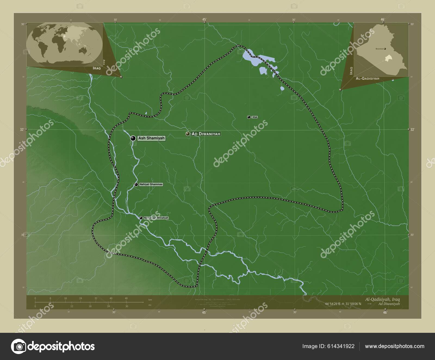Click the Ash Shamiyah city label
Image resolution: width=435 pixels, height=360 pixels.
coord(151,138)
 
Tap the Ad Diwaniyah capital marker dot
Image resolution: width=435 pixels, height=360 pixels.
coord(188,134)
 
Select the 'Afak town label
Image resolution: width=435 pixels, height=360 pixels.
coord(254,117)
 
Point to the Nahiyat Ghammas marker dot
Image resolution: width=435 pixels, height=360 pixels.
coord(136,184)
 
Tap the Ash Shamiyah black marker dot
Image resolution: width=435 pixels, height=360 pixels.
coord(133,138)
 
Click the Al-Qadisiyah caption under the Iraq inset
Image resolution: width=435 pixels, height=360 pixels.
coord(368,78)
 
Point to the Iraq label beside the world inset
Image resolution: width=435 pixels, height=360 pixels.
coord(97,68)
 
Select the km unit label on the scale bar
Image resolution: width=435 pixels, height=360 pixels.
coord(150,300)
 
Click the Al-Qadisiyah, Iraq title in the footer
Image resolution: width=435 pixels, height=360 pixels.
coord(383,299)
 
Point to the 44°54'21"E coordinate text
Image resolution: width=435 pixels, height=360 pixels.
coord(334,304)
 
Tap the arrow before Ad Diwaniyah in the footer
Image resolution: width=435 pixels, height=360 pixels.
coord(369,304)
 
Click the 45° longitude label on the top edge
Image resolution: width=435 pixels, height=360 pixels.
coord(204,19)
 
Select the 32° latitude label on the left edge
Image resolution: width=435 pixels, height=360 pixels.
coord(21,129)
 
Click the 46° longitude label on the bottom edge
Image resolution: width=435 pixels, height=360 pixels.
coord(385,313)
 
